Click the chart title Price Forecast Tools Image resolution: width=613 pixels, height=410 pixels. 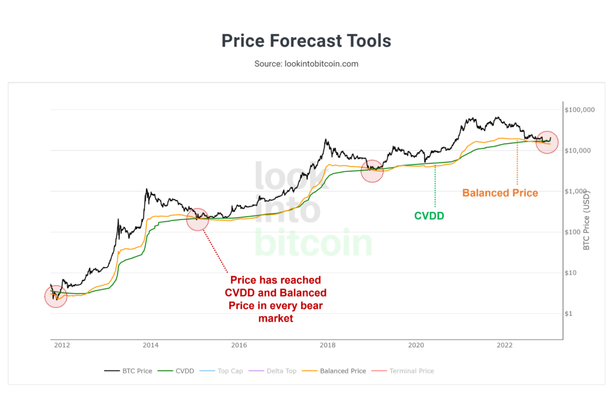coord(306,41)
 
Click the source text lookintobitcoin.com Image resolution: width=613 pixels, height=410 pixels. coord(306,63)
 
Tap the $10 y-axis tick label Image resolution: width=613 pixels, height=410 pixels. coord(573,273)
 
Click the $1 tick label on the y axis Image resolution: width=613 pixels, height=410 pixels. coord(571,314)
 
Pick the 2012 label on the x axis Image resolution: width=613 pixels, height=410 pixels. coord(62,345)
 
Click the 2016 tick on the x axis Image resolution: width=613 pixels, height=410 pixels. coord(239,345)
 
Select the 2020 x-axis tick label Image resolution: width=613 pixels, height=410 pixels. coord(416,345)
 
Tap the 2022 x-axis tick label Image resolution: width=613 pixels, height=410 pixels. coord(505,345)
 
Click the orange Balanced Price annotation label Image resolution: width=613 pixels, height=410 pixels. coord(500,193)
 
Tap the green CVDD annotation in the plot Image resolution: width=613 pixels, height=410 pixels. coord(429,215)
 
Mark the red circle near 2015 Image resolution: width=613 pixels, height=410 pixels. coord(198,219)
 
